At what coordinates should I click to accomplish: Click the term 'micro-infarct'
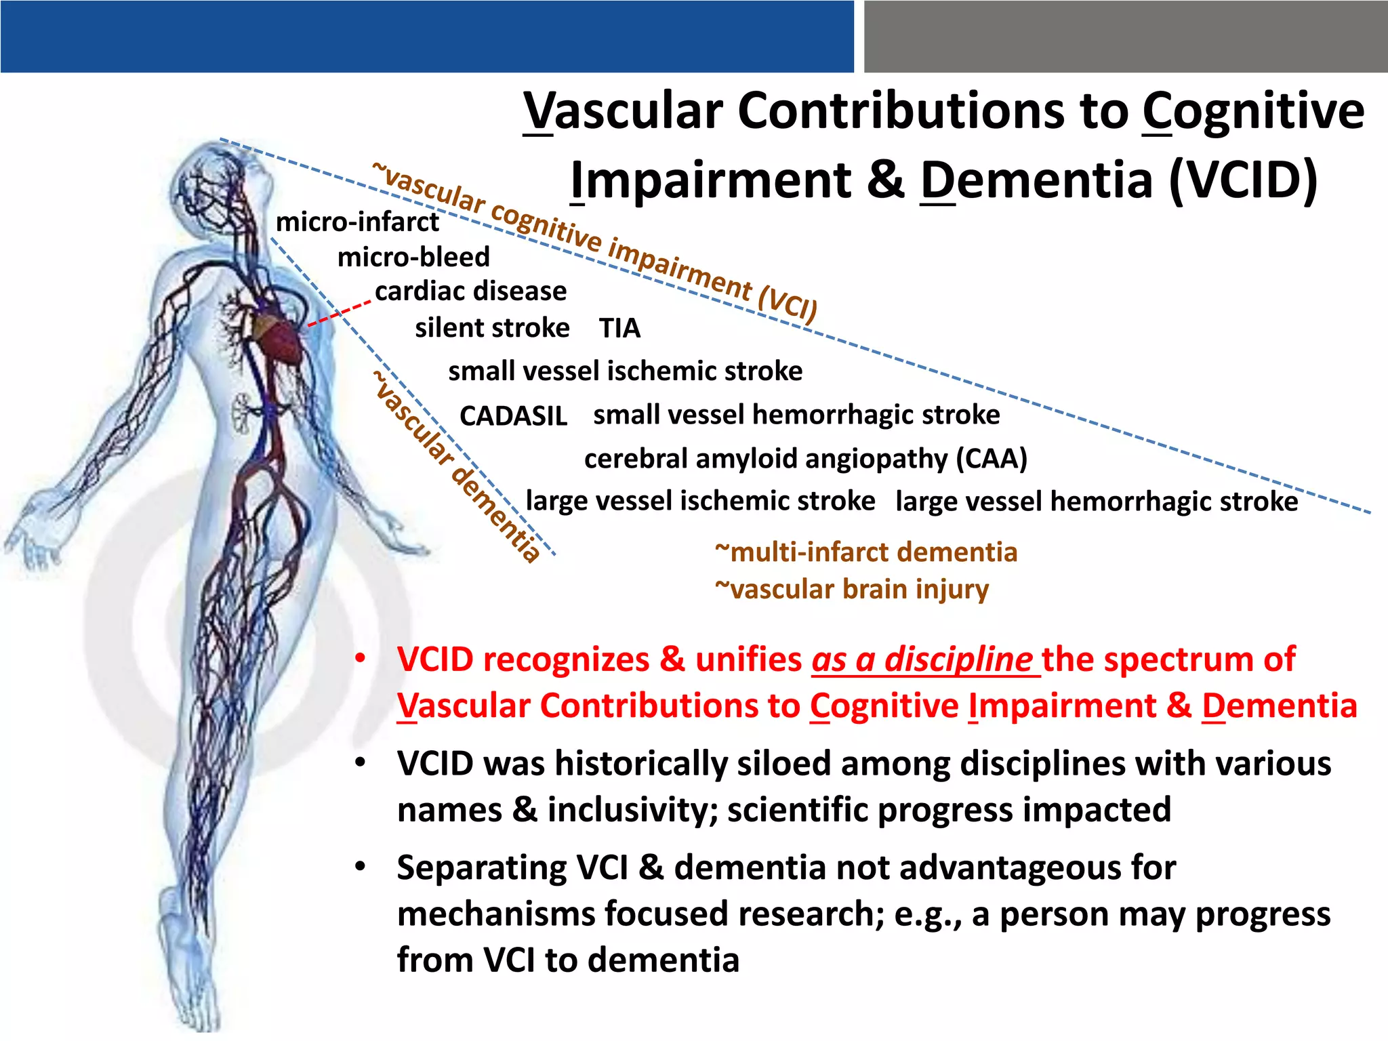357,222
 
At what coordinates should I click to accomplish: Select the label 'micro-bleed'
413,258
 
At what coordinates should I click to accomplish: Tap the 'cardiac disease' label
471,291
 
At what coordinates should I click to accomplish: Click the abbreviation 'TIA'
619,329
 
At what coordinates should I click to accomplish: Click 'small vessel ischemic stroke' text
625,371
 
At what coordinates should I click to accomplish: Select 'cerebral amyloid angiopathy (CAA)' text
805,459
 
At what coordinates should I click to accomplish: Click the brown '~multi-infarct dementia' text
866,552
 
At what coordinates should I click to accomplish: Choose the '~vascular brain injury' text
852,589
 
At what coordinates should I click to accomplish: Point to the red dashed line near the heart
339,314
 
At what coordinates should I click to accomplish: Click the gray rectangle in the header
1125,37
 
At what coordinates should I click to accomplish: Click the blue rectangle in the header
427,37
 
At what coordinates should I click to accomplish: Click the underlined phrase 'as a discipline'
922,659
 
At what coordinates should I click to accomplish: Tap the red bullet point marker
361,659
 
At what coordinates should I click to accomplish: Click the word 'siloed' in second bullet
785,764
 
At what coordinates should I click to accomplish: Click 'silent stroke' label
492,329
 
